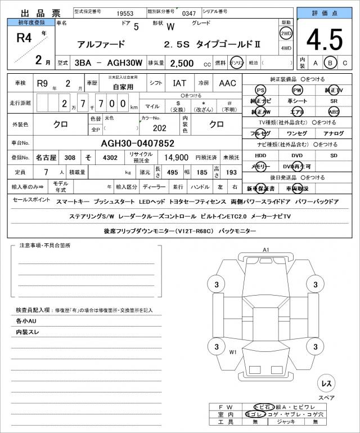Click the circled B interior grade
tap(331, 63)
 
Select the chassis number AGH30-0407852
tap(137, 143)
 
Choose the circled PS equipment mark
tap(260, 90)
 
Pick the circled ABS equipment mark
tap(334, 112)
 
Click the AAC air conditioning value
tap(227, 83)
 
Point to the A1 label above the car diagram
tap(266, 249)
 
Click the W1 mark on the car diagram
tap(232, 352)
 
